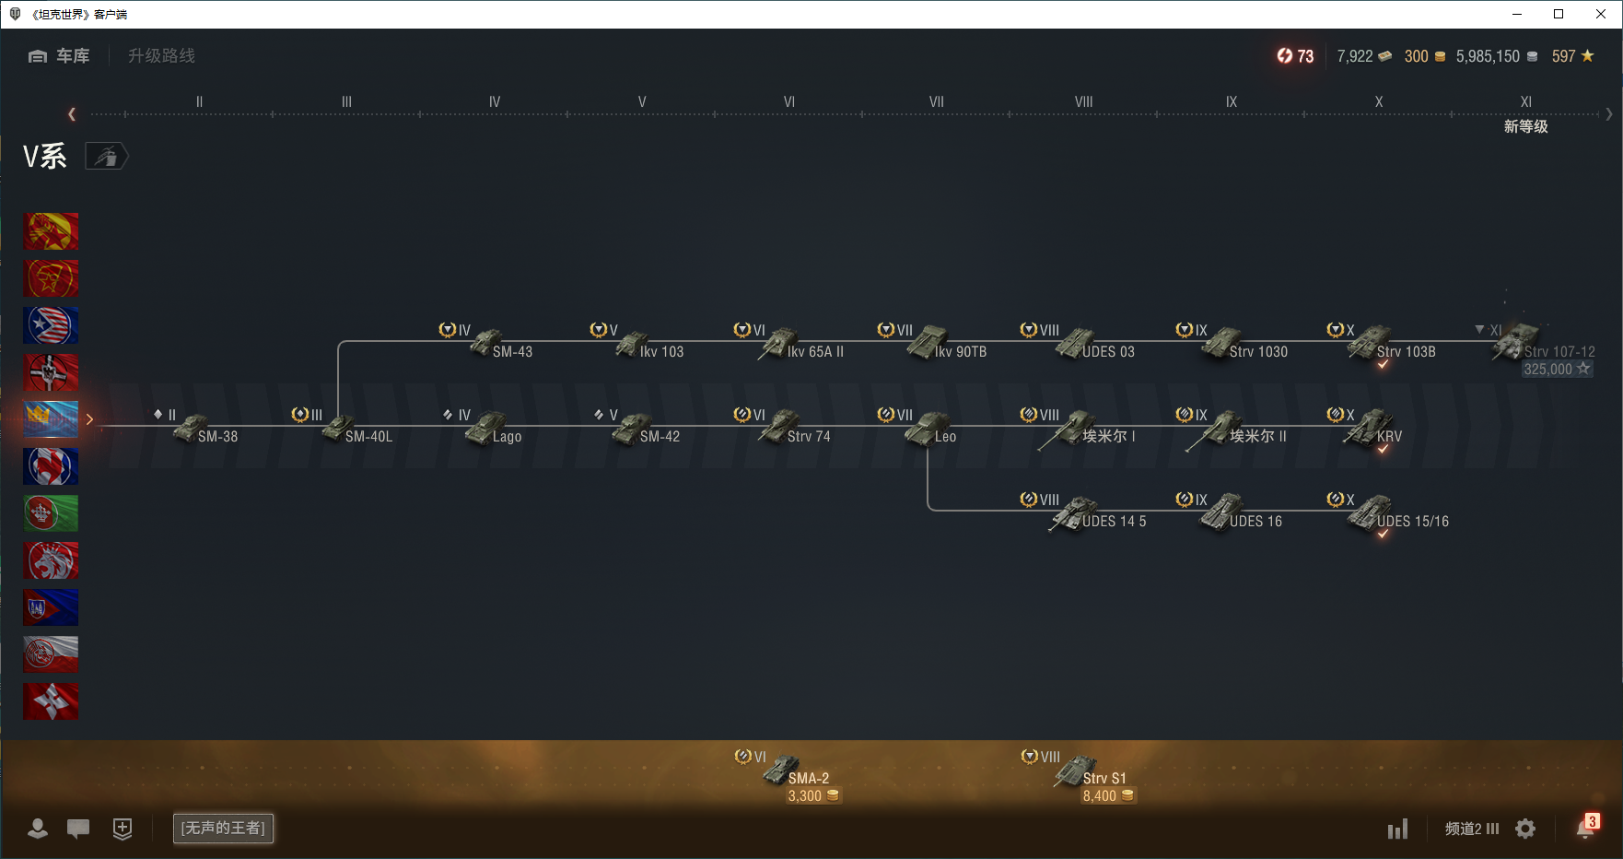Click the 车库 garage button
click(60, 56)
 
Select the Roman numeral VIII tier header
click(1083, 102)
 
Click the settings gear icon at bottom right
click(1525, 829)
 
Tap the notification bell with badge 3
click(1584, 829)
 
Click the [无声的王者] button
click(223, 828)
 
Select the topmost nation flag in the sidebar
click(51, 231)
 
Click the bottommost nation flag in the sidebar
click(51, 701)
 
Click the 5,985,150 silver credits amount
click(1488, 56)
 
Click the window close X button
click(1601, 14)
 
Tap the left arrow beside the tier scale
click(72, 114)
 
